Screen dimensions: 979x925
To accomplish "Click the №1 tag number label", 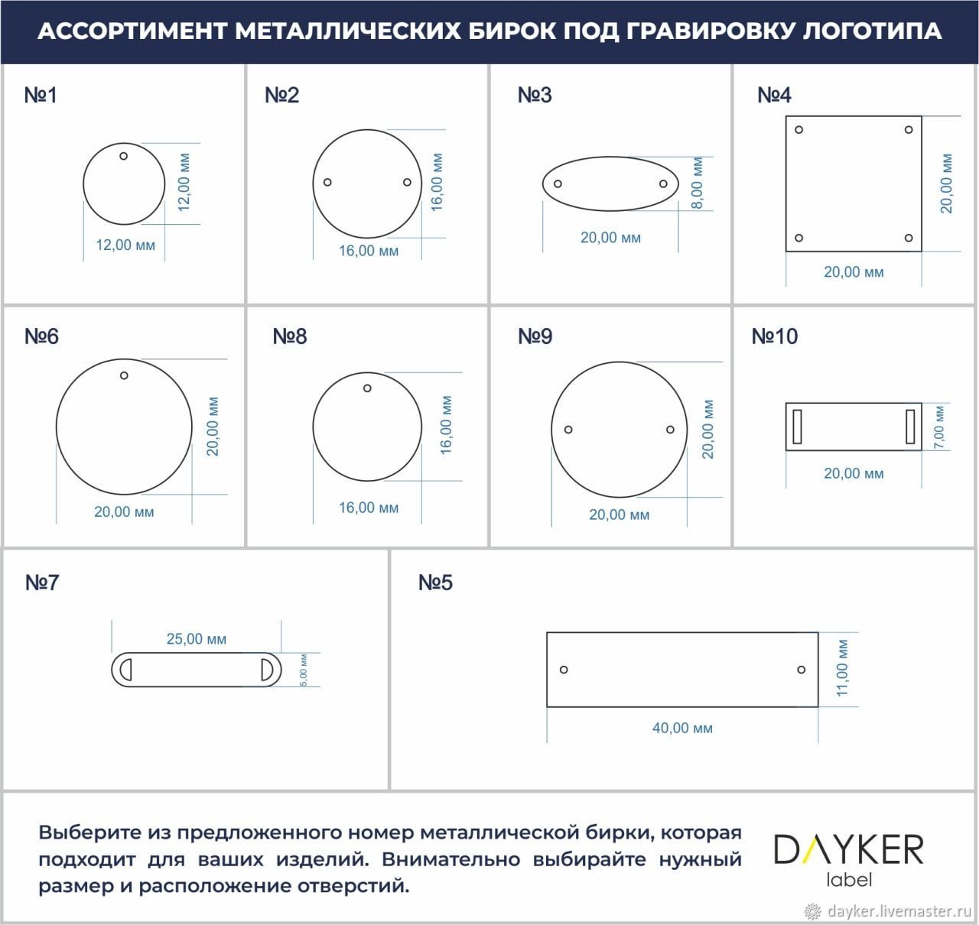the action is point(41,95).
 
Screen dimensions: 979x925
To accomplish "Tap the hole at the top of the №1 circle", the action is point(123,156).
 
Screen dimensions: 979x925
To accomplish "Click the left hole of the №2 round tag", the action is point(327,182).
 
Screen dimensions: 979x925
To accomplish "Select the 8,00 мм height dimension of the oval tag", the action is point(697,183).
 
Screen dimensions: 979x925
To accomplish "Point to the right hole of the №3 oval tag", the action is point(663,183).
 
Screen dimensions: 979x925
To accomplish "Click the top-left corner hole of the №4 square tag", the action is point(798,130).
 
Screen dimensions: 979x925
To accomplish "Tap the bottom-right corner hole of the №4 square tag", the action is point(909,238).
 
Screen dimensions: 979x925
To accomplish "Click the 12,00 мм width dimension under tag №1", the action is point(125,245).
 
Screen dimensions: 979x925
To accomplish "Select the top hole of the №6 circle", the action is point(124,375).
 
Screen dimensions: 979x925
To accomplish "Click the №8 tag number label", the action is point(290,336).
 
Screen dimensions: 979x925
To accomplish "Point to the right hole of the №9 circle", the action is point(670,429).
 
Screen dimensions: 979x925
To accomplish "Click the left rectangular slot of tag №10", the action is point(797,426).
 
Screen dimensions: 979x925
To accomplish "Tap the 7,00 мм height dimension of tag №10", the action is point(939,427).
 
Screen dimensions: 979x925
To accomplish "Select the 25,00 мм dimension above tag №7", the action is point(197,639).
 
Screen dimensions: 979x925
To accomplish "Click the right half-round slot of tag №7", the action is point(268,670).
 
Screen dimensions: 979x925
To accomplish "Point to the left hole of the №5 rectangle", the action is point(564,670).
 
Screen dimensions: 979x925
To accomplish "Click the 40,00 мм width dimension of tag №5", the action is point(682,728).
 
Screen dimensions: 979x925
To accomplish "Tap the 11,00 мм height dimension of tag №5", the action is point(841,668).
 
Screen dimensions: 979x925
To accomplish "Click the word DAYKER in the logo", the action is point(848,849).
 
